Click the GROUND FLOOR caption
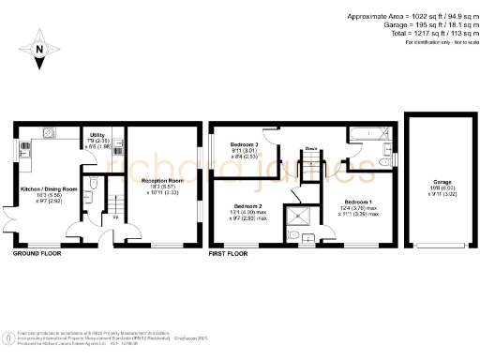point(39,253)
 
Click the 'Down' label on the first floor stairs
point(309,148)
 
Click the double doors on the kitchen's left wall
point(13,221)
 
